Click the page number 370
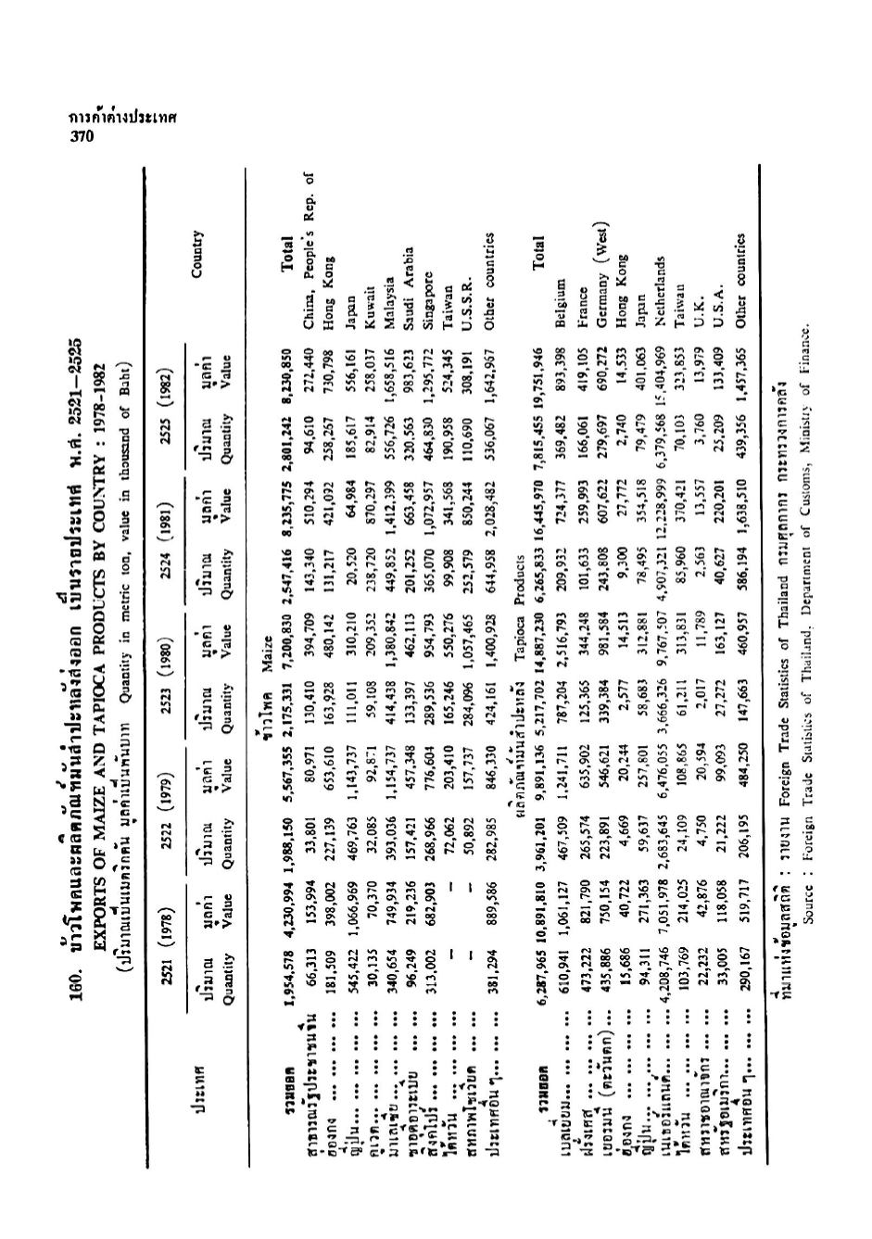[x=83, y=137]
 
